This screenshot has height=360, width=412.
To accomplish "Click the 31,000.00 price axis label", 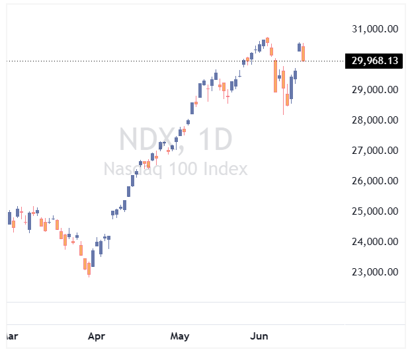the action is pos(375,29).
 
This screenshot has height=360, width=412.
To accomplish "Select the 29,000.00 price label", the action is pos(375,90).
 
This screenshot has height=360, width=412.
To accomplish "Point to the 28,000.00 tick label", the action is pos(375,120).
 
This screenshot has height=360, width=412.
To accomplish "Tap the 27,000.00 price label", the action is pos(375,151).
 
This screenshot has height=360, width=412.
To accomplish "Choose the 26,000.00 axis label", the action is pos(375,181).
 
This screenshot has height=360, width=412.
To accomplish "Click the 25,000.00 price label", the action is pos(375,211).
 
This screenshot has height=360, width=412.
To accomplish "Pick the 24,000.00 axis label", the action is pos(375,242).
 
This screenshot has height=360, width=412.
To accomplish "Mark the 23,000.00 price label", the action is pos(375,272).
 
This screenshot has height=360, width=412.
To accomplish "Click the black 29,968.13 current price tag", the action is pos(374,61).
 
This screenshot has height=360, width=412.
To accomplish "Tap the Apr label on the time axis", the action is pos(97,337).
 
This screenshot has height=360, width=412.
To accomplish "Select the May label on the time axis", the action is pos(180,337).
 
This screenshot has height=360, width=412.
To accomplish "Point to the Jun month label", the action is pos(259,336).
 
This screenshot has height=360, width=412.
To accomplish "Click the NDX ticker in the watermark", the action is pos(147,139).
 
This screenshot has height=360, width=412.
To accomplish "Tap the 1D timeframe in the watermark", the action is pos(216,139).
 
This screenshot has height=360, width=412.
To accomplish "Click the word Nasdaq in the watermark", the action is pos(133,169).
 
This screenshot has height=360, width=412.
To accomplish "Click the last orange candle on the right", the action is pos(304,54).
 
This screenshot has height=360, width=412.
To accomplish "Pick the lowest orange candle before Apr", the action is pos(89,269).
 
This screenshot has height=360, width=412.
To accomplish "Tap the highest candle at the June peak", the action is pos(267,40).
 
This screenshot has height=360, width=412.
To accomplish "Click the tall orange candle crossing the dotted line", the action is pos(275,76).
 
